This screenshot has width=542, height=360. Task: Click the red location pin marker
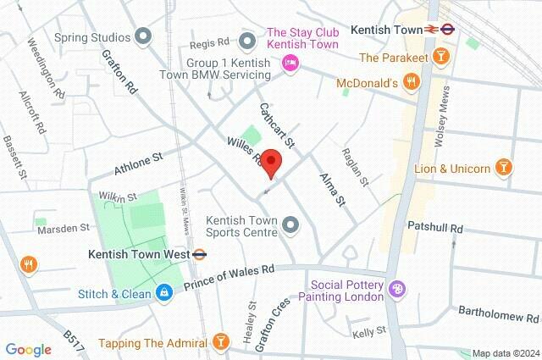coord(271,161)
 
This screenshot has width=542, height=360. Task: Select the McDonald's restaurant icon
coord(411,82)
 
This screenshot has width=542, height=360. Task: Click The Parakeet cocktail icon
coord(440,57)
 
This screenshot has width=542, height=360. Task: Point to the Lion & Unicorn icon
coord(504,168)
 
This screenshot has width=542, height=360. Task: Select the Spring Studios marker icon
coord(143,36)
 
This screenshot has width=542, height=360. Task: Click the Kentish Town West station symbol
coord(200,253)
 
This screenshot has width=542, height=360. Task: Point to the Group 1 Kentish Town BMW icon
coord(247,40)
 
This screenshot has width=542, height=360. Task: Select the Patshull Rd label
coord(434,228)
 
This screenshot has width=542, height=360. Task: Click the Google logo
coord(28,349)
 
